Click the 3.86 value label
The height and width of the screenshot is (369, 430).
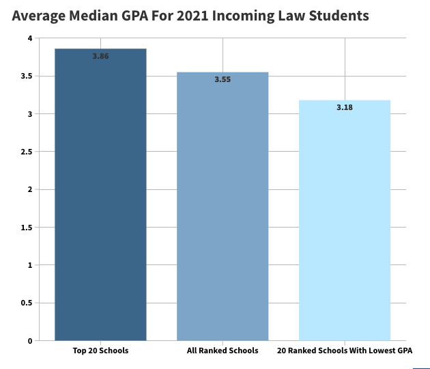coord(100,56)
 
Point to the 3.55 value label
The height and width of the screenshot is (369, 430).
coord(223,80)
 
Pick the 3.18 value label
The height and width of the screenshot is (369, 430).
coord(345,107)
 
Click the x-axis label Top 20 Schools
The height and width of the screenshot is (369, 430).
coord(100,351)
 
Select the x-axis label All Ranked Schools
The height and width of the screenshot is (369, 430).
coord(223,351)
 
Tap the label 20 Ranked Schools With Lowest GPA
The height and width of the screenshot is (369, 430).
coord(345,351)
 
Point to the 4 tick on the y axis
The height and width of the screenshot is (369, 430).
coord(30,38)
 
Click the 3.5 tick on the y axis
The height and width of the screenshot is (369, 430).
coord(27,76)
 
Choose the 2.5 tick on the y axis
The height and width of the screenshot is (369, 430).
coord(27,152)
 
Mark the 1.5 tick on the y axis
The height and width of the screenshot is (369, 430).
coord(27,227)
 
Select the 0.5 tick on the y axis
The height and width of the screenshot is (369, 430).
coord(27,303)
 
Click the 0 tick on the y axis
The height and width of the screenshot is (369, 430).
coord(30,340)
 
